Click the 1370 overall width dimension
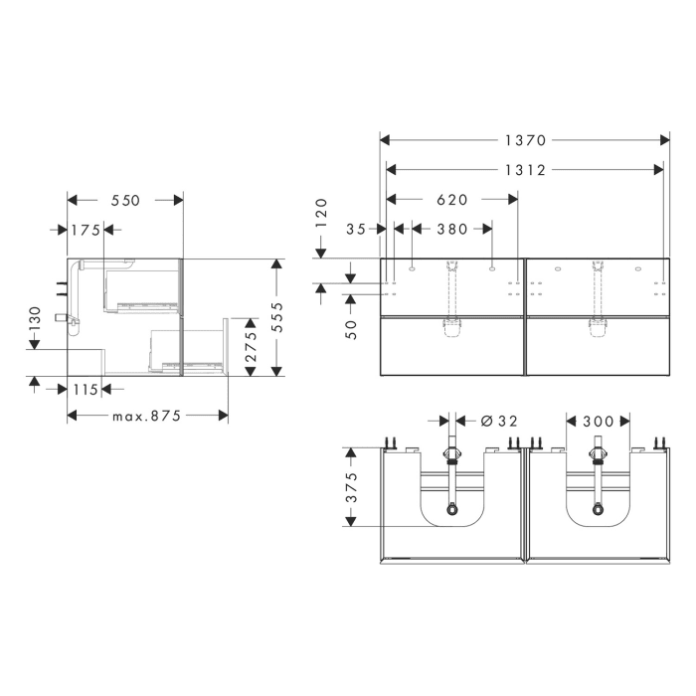pyautogui.click(x=524, y=140)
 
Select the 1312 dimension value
pyautogui.click(x=524, y=170)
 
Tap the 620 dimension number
pyautogui.click(x=451, y=200)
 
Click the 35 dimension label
pyautogui.click(x=356, y=229)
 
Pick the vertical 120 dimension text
pyautogui.click(x=321, y=211)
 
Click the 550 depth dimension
pyautogui.click(x=125, y=200)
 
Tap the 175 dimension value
pyautogui.click(x=86, y=230)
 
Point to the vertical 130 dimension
pyautogui.click(x=35, y=318)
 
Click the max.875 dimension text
pyautogui.click(x=145, y=417)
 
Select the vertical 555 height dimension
pyautogui.click(x=277, y=318)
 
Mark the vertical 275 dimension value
pyautogui.click(x=252, y=348)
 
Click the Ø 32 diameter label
pyautogui.click(x=498, y=422)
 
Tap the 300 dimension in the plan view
pyautogui.click(x=598, y=422)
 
